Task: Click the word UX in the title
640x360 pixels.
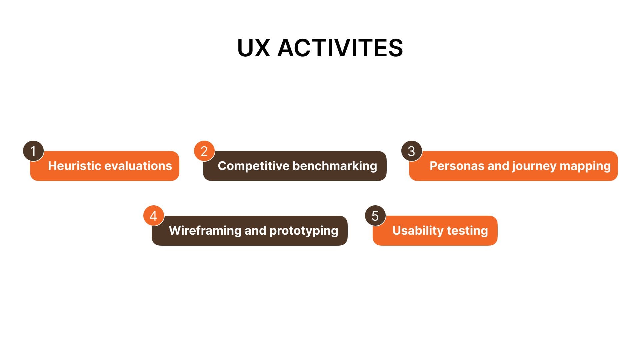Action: tap(253, 48)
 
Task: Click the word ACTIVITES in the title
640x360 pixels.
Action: tap(340, 48)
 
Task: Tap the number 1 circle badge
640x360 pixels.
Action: tap(33, 151)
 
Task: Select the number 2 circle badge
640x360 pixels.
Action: tap(204, 151)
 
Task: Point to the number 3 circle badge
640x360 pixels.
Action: tap(412, 151)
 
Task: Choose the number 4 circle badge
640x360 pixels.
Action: tap(154, 216)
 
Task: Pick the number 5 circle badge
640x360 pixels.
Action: tap(375, 216)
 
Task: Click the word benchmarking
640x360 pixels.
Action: tap(335, 166)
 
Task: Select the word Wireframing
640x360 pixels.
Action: tap(205, 231)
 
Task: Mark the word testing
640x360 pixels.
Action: tap(467, 231)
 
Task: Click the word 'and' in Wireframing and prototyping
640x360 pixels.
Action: tap(255, 230)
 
